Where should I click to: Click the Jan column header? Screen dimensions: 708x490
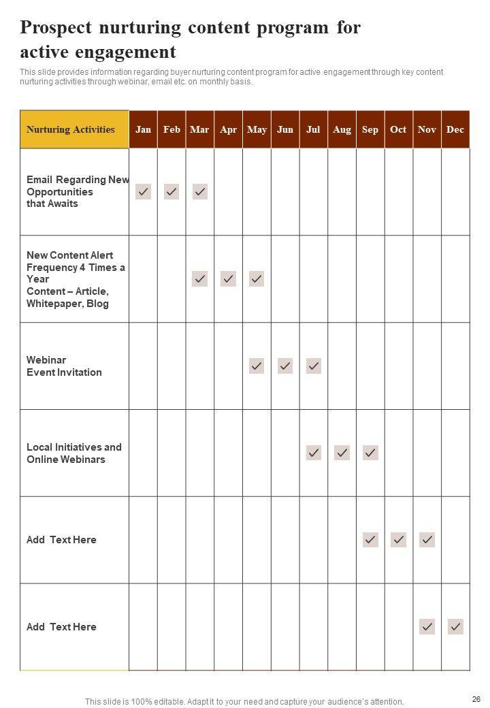143,129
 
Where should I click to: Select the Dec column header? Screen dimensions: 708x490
455,129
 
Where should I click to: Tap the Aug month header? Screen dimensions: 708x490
342,129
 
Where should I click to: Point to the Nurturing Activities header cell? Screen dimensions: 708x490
71,129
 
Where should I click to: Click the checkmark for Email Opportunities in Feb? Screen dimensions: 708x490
171,192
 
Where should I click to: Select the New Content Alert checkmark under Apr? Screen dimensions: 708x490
228,279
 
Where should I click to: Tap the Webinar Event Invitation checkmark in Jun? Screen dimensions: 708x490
285,366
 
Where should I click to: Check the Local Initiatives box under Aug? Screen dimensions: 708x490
342,453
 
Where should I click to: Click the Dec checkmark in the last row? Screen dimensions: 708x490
455,627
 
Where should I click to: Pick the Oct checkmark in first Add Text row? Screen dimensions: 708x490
399,540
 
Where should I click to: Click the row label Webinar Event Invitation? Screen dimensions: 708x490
64,366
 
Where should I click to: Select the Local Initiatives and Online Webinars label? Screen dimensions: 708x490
73,453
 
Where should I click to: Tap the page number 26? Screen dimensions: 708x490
476,699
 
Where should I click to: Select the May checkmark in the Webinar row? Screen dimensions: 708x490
257,366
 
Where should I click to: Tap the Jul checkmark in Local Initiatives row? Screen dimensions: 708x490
313,453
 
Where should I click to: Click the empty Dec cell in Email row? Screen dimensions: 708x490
455,192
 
